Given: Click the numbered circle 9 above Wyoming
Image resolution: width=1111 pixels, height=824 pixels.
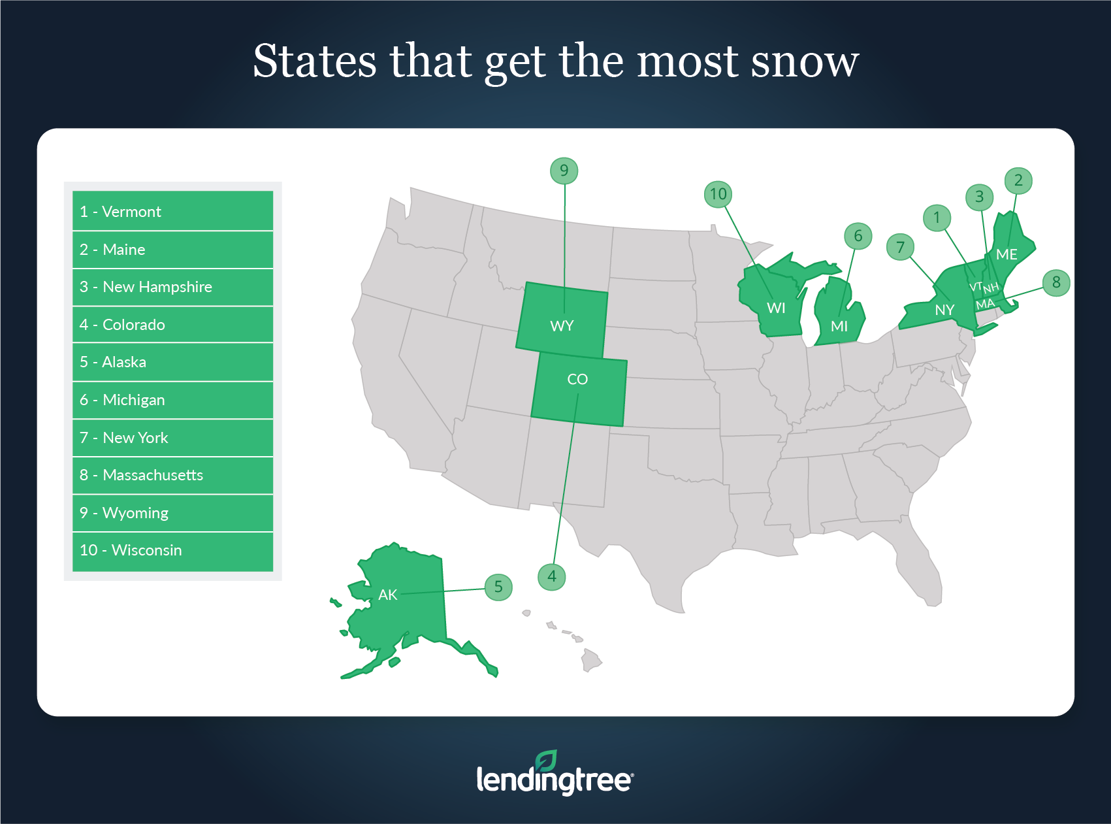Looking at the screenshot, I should (x=564, y=171).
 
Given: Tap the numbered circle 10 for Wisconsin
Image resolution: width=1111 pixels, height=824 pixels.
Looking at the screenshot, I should (x=718, y=194).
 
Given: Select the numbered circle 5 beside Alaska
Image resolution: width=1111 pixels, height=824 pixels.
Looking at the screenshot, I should (x=498, y=587).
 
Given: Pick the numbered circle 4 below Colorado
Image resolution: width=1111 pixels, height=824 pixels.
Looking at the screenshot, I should (x=552, y=576).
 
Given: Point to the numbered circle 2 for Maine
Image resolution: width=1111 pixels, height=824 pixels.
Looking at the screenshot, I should (x=1018, y=180).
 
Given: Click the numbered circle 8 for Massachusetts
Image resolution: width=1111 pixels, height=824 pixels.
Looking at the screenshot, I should (x=1056, y=283).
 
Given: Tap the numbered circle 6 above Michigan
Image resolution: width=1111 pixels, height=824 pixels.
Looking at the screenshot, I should (x=858, y=236).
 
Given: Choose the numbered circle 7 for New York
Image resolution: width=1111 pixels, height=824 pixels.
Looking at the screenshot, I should (x=900, y=247).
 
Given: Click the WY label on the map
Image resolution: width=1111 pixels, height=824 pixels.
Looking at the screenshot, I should (x=562, y=326).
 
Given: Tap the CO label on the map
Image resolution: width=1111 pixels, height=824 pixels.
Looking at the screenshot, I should (x=577, y=379).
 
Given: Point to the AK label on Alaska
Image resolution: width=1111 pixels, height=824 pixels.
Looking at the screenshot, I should (x=387, y=595).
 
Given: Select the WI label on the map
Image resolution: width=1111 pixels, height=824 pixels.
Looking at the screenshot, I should (x=776, y=308).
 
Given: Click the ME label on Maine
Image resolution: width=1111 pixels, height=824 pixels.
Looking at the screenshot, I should (x=1006, y=255).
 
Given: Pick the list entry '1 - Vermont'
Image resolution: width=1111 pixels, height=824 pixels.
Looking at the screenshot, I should (x=172, y=211).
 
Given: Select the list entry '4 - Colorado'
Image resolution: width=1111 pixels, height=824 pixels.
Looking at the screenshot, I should (x=172, y=324).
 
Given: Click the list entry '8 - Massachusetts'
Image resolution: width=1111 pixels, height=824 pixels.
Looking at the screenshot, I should (x=172, y=475).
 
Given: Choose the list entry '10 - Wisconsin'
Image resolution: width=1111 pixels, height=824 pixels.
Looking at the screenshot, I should (x=172, y=550).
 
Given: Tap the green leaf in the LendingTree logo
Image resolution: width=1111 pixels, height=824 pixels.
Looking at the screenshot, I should (x=546, y=761).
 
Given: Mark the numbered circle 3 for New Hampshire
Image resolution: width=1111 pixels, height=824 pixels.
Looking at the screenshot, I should (x=979, y=197).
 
